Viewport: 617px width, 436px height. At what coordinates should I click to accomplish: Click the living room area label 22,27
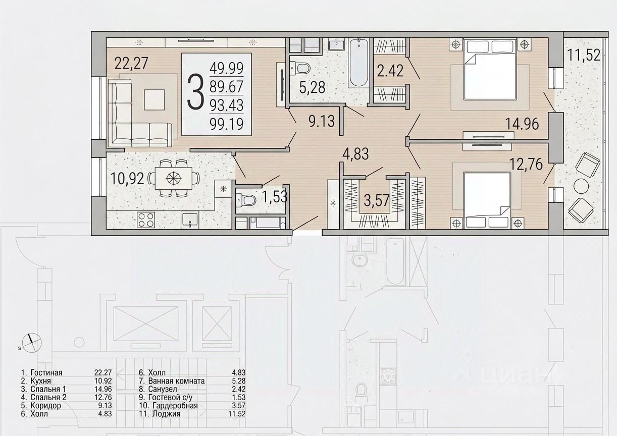(x=131, y=63)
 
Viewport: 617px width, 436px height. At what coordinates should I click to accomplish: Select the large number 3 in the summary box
(x=195, y=92)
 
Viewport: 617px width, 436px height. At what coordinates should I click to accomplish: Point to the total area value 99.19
(x=226, y=124)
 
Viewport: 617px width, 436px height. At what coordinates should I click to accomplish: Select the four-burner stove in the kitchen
(x=146, y=220)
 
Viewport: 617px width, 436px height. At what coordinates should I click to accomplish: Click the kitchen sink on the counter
(x=190, y=221)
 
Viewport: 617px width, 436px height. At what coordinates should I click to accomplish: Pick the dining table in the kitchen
(x=174, y=178)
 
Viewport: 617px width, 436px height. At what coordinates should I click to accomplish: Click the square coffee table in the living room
(x=155, y=100)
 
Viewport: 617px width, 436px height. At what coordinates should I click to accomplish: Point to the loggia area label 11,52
(x=584, y=54)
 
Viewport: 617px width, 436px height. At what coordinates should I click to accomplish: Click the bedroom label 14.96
(x=522, y=124)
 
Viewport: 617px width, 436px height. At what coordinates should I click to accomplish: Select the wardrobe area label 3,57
(x=377, y=200)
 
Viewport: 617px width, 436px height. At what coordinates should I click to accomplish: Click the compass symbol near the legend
(x=32, y=343)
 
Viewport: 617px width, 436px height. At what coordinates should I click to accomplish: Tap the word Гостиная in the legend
(x=46, y=373)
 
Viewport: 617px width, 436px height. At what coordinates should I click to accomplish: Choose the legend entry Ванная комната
(x=176, y=381)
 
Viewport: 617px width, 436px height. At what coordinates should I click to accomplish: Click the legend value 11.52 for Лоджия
(x=237, y=414)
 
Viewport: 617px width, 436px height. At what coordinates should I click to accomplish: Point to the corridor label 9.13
(x=322, y=121)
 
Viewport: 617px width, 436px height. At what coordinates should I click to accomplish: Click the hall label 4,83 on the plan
(x=355, y=153)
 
